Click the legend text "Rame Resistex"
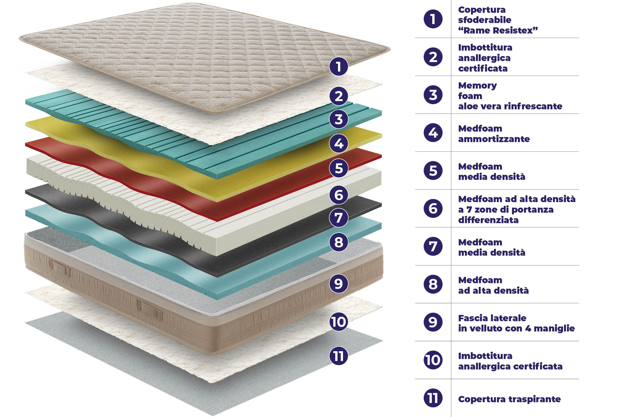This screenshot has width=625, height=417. click(498, 30)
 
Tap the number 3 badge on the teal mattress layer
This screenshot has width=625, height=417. click(338, 119)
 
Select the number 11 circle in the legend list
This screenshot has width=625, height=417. click(433, 398)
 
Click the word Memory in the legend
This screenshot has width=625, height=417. click(477, 86)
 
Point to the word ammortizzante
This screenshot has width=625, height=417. click(494, 139)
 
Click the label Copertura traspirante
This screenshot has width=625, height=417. click(509, 399)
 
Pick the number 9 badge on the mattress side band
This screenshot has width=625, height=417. click(338, 283)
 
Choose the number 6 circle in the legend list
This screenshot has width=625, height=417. click(433, 209)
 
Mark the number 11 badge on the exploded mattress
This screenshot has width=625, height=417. click(338, 356)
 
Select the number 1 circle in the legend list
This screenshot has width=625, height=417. click(433, 19)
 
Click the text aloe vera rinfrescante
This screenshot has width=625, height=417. click(510, 106)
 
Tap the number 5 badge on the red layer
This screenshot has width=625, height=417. click(338, 168)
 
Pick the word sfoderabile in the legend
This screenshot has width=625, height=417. click(485, 20)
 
